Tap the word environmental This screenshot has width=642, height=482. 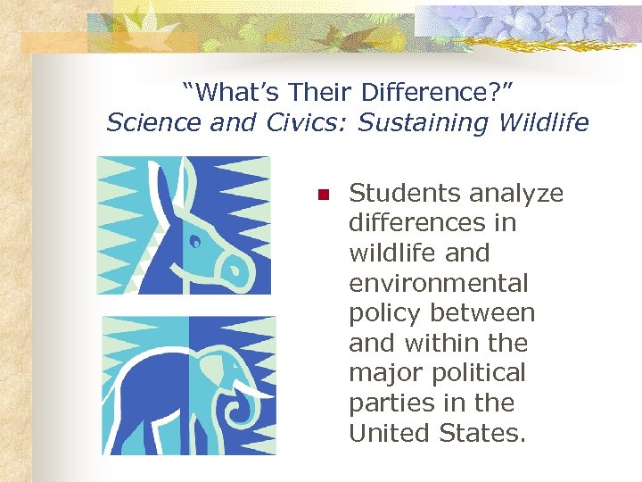pyautogui.click(x=439, y=283)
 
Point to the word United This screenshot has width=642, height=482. pyautogui.click(x=389, y=434)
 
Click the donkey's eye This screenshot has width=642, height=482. pyautogui.click(x=195, y=239)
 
